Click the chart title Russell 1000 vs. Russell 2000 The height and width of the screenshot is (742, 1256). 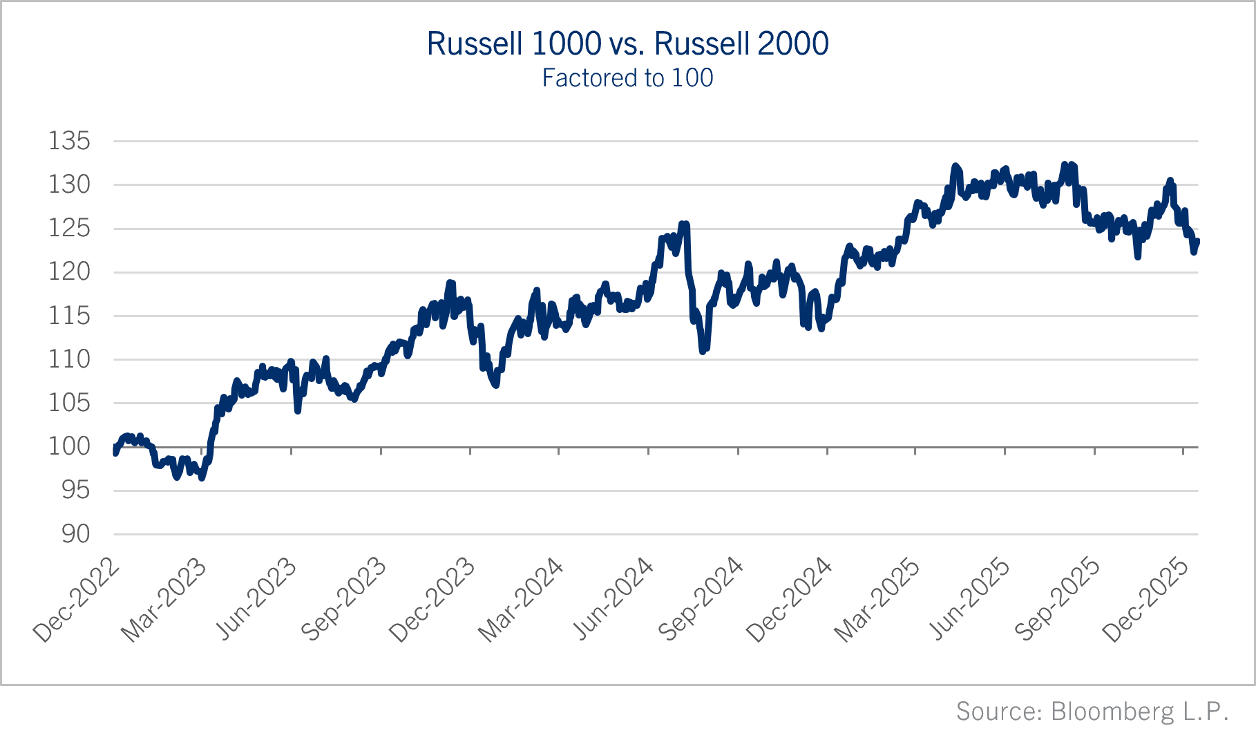pos(627,44)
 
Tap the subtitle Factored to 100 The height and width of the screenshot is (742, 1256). pos(627,78)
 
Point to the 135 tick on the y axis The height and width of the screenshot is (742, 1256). pos(69,141)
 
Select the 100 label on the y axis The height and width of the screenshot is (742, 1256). pos(69,446)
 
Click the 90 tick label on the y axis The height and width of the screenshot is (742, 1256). pos(75,533)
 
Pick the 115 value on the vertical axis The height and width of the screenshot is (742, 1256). pos(69,316)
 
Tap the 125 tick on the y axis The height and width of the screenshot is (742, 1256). pos(69,228)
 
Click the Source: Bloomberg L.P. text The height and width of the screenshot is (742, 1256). pos(1092,711)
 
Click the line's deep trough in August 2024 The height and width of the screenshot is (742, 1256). pos(703,351)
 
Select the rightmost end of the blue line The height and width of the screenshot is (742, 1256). pos(1197,241)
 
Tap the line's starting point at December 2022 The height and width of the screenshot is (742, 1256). pos(115,451)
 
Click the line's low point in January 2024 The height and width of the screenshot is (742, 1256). pos(496,385)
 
